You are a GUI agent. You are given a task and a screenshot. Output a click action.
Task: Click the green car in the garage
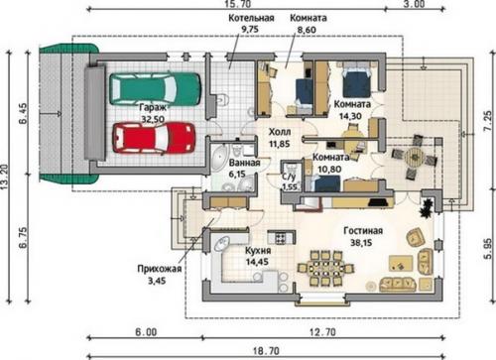[155, 88]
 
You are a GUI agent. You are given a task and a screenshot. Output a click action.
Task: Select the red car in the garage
[154, 138]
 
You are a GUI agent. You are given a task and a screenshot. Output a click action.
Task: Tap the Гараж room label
[153, 108]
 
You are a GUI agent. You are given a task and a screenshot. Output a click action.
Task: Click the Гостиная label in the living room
[363, 231]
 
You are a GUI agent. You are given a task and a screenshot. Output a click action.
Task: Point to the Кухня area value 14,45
[257, 262]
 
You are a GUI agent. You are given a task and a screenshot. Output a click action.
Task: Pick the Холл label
[280, 132]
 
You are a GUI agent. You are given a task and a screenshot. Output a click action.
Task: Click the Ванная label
[244, 163]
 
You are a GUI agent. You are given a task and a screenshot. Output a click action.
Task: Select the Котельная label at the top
[251, 18]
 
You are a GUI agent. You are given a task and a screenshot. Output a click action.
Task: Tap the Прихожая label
[160, 269]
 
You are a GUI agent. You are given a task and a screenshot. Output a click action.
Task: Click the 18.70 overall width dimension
[266, 351]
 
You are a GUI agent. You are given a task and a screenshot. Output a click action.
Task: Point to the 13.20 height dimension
[4, 177]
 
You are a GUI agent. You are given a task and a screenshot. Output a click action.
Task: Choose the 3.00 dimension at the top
[415, 4]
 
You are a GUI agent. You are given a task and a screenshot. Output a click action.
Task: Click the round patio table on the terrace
[415, 157]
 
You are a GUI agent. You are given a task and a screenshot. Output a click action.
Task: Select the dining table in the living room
[325, 268]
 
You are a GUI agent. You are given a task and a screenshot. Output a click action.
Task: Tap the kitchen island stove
[281, 237]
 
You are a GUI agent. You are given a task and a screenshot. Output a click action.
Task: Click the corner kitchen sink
[222, 244]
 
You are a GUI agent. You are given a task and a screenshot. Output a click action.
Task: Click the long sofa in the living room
[397, 284]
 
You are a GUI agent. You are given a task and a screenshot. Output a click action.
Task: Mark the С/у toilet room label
[289, 177]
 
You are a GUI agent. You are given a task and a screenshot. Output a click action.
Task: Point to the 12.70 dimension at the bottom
[322, 332]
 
